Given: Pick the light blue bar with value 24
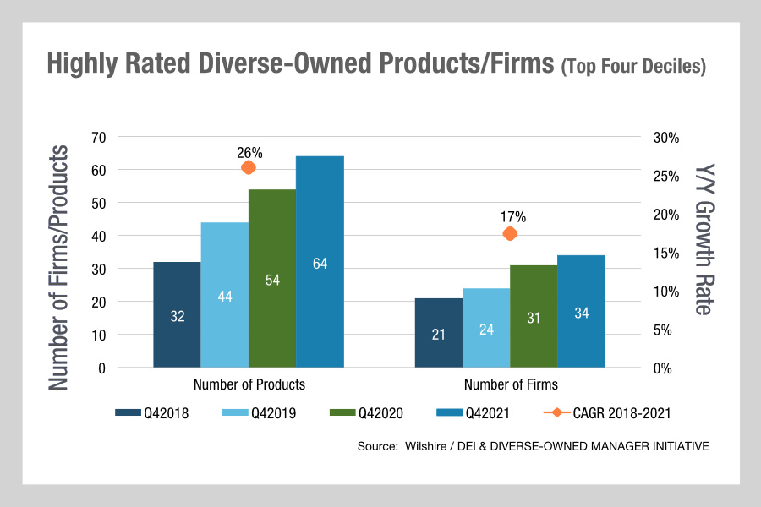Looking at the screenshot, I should pos(486,328).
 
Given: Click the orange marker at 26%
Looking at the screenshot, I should pos(249,167).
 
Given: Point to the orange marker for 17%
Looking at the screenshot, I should pos(510,233).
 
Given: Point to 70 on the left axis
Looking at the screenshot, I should pos(97,137).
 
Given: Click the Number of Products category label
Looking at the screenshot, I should pos(249,384).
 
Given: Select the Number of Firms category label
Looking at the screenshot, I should pos(511,384).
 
